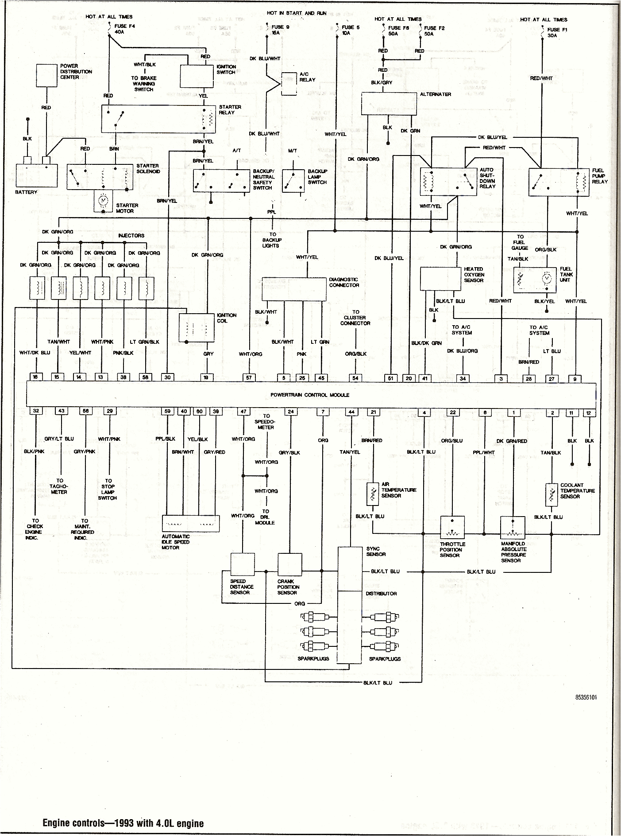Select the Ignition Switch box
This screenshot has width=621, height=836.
pos(197,76)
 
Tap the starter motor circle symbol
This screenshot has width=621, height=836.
pos(104,201)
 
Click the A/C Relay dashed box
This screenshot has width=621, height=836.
pos(289,83)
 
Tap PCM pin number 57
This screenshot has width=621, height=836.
pos(249,377)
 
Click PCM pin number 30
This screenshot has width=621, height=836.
pos(167,377)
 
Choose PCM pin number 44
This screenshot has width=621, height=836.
pos(351,412)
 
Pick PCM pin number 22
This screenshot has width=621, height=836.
pos(452,412)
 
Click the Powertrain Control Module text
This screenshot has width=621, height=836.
pos(310,395)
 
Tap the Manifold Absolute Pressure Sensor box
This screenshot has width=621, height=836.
pos(513,527)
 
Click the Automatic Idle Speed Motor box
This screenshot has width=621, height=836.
pos(191,523)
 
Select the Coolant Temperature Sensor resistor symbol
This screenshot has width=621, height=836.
pos(551,494)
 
